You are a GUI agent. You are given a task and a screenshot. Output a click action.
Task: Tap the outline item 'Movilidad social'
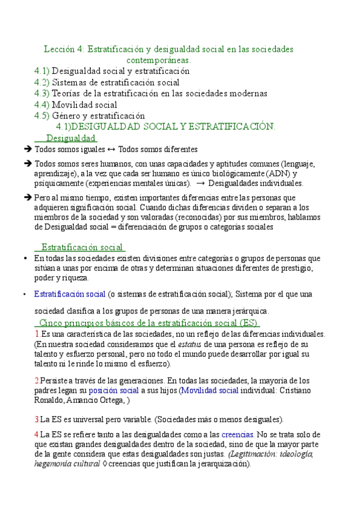pos(85,105)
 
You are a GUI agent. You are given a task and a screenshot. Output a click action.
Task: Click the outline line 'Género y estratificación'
pos(99,115)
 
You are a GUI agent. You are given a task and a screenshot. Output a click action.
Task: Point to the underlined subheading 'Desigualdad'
pos(71,138)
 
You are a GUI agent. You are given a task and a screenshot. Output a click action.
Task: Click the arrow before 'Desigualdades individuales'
pos(200,184)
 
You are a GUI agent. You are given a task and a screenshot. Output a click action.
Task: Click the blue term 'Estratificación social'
pos(70,293)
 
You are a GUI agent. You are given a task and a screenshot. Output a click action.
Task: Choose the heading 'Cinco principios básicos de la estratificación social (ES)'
pos(148,323)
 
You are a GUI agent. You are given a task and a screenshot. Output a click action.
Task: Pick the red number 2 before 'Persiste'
pos(37,380)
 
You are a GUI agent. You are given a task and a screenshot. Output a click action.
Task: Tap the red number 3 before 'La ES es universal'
pos(37,419)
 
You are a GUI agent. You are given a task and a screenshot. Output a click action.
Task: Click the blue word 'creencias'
pos(237,434)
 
